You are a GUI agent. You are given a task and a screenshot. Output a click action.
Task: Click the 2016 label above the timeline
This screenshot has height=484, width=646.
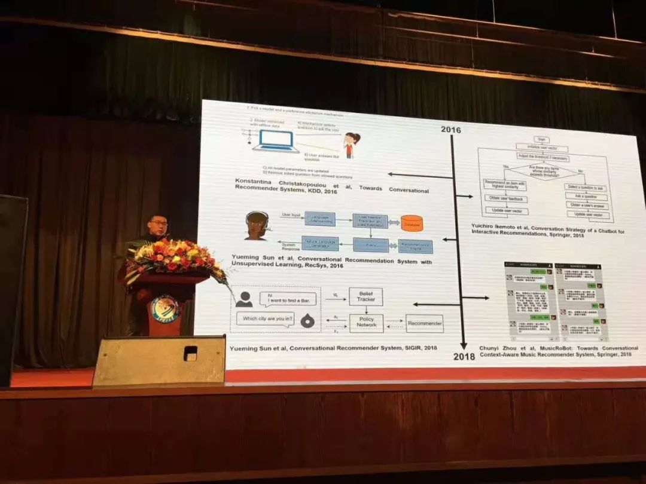click(450, 130)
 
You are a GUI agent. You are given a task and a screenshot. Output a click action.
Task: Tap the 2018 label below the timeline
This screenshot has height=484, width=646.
click(464, 356)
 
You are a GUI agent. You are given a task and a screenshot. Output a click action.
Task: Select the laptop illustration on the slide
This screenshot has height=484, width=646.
click(276, 141)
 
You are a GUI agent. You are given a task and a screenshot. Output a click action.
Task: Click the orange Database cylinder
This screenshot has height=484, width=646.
click(412, 223)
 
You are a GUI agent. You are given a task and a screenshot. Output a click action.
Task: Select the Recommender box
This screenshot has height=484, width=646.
click(424, 323)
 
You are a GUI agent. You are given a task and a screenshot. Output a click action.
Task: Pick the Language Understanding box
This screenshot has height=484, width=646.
click(320, 218)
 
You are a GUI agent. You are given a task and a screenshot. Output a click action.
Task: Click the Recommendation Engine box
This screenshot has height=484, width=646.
click(415, 246)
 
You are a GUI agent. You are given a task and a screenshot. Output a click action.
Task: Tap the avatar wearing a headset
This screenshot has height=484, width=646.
click(257, 226)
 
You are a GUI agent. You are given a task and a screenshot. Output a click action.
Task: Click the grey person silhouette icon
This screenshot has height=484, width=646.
click(243, 299)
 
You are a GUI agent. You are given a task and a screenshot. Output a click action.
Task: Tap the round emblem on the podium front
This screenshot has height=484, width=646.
click(164, 309)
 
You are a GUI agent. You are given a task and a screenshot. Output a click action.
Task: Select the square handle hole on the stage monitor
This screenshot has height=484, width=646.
click(190, 353)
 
